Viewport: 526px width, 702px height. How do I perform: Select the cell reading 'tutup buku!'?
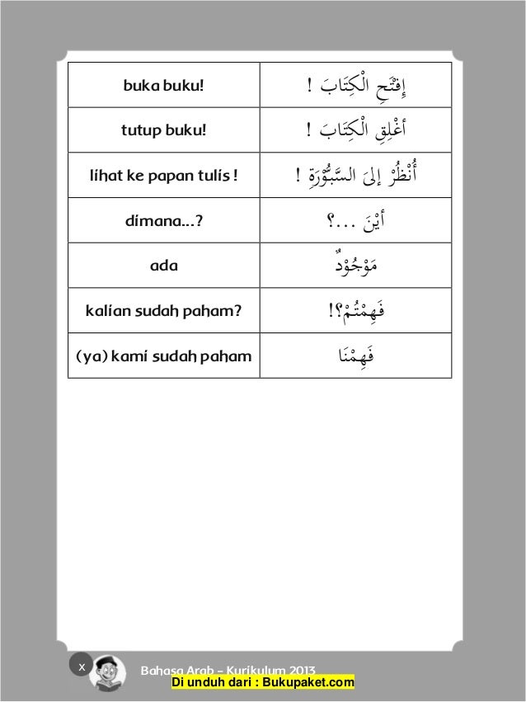point(163,130)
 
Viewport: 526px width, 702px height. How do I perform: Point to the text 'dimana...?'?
point(163,221)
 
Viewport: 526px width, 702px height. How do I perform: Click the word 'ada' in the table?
point(163,266)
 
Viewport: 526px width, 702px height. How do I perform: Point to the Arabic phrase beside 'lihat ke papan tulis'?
point(355,175)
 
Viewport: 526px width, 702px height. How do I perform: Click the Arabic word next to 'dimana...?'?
point(356,221)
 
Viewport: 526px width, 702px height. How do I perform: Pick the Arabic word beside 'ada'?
point(356,266)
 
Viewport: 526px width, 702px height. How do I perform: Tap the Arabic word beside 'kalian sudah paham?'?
point(356,311)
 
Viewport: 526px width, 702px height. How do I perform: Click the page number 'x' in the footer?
point(81,666)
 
